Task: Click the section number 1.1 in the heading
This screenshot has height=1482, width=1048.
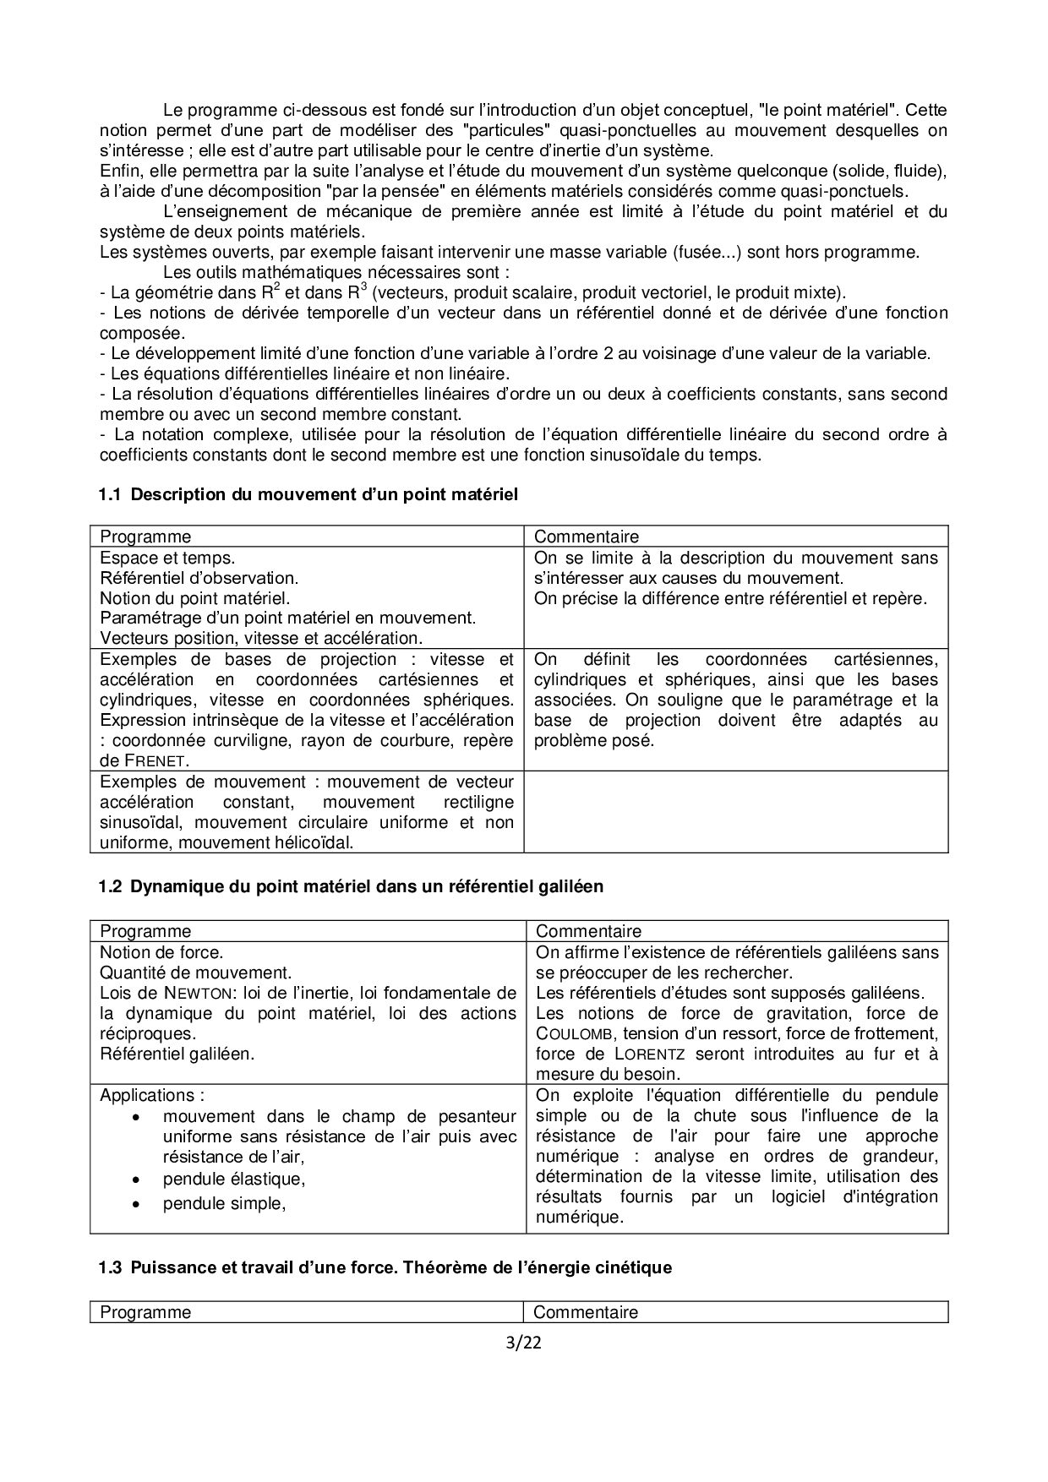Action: (110, 494)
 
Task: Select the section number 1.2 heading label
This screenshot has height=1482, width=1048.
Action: (110, 886)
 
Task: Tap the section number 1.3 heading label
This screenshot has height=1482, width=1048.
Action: (110, 1267)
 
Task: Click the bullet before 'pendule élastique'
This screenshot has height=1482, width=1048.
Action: (137, 1179)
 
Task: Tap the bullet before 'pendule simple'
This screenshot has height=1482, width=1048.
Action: (137, 1203)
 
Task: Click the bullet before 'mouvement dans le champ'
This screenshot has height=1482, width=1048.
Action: (137, 1117)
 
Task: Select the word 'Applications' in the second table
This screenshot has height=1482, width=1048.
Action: (147, 1095)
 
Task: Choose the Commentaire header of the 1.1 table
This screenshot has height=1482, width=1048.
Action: (587, 537)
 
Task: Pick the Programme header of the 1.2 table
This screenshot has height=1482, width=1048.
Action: (145, 931)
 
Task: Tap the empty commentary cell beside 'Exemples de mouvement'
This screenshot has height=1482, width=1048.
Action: (735, 811)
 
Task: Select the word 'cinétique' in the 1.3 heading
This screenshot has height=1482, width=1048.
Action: (638, 1267)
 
